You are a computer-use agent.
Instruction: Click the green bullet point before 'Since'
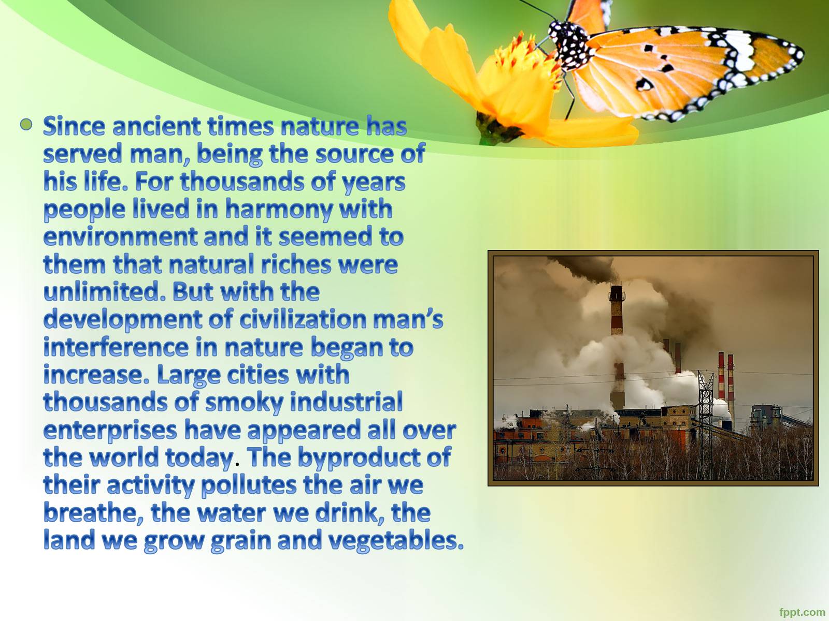tap(26, 124)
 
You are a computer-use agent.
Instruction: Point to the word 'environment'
tap(120, 237)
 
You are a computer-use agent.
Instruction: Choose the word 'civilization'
tap(303, 319)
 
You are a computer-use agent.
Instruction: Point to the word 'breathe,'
tap(93, 513)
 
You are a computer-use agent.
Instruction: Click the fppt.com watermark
tap(802, 612)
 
